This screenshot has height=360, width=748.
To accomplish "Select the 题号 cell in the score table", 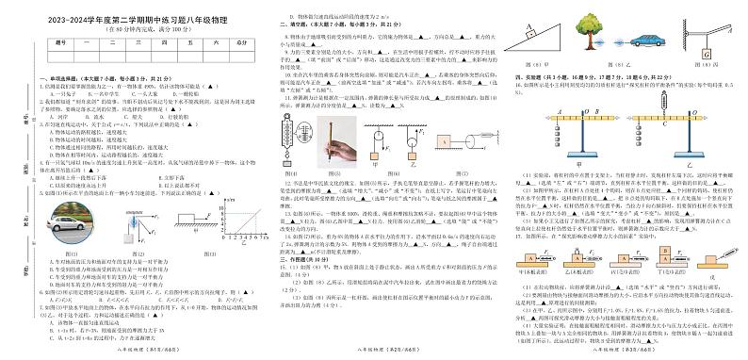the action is (x=62, y=42).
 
